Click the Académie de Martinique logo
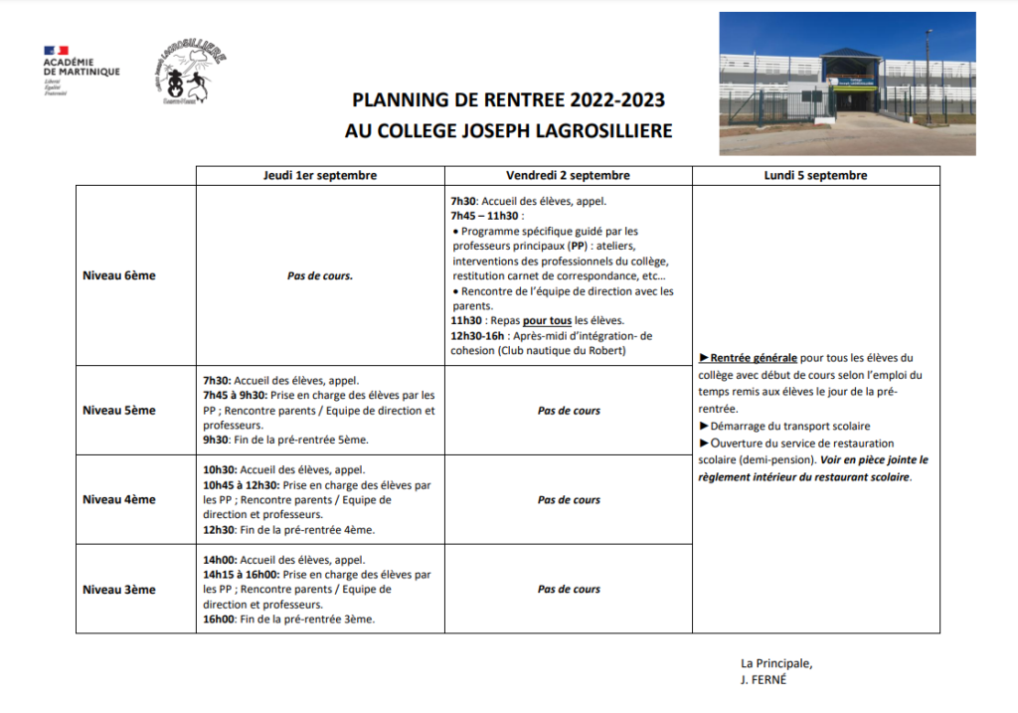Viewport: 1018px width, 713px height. point(81,67)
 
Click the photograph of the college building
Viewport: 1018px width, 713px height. point(847,84)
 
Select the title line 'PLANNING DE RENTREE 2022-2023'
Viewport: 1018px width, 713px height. point(509,100)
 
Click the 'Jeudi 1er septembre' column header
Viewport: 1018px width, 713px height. point(319,175)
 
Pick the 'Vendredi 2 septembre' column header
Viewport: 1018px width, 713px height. point(568,175)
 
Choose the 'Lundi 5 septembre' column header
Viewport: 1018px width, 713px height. point(816,175)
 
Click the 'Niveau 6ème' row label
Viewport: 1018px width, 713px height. point(119,275)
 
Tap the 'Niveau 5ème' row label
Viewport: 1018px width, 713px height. point(119,410)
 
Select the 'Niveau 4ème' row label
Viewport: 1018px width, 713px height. point(119,499)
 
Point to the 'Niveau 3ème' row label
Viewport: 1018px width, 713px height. point(119,589)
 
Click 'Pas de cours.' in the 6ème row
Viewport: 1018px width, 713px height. point(319,275)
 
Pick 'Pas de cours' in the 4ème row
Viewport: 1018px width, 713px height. point(569,499)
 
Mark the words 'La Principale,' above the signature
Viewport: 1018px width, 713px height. point(776,664)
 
